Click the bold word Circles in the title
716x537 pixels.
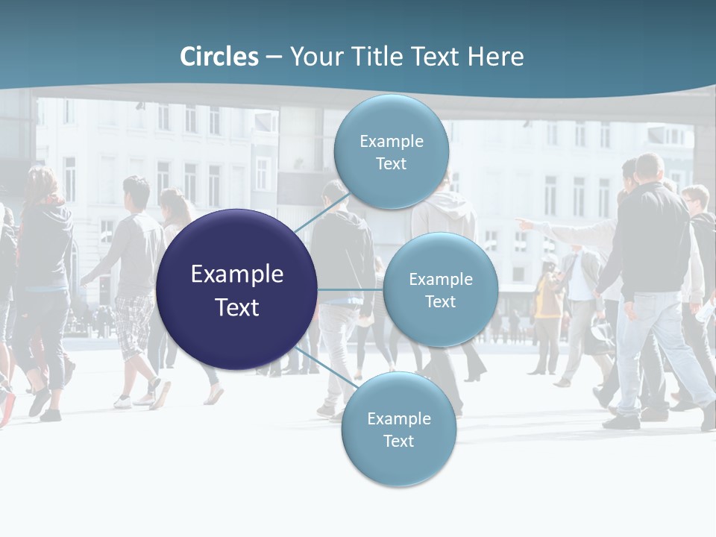pos(219,57)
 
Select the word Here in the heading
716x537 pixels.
pos(495,57)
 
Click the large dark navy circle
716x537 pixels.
pos(236,289)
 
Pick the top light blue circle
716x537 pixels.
pos(391,151)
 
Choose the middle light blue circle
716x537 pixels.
pos(440,289)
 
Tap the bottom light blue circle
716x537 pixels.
pos(398,429)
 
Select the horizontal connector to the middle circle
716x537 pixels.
pos(350,289)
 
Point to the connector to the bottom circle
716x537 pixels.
pos(321,367)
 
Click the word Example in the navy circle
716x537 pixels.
pos(236,274)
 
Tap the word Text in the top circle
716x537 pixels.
pos(391,164)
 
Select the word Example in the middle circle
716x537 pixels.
pos(440,279)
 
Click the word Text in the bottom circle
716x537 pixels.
pos(398,441)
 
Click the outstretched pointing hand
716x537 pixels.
pos(525,223)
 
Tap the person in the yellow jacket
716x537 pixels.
pos(548,295)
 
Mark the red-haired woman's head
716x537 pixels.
pos(43,183)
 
